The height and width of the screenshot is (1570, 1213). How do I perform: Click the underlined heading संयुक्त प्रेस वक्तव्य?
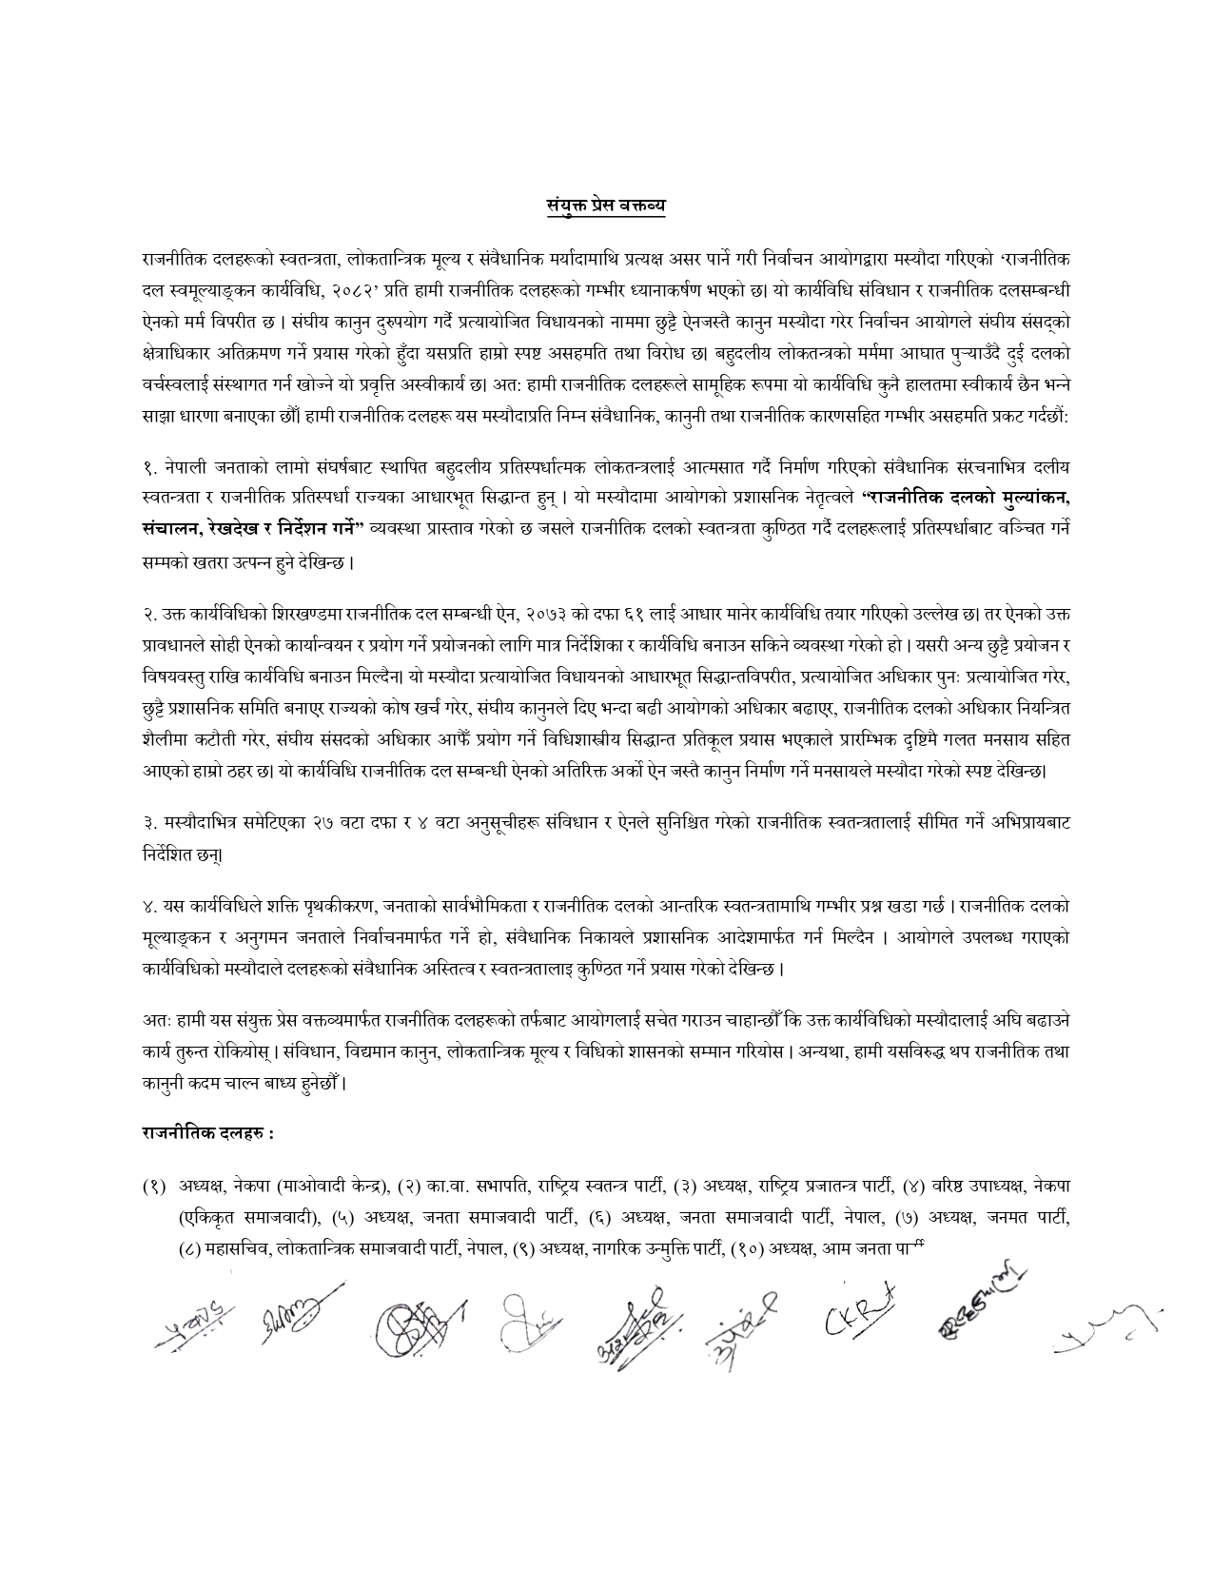pos(606,205)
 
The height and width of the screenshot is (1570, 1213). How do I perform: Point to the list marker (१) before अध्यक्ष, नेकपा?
pos(155,1186)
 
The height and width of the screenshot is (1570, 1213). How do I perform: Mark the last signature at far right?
pos(1105,1330)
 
